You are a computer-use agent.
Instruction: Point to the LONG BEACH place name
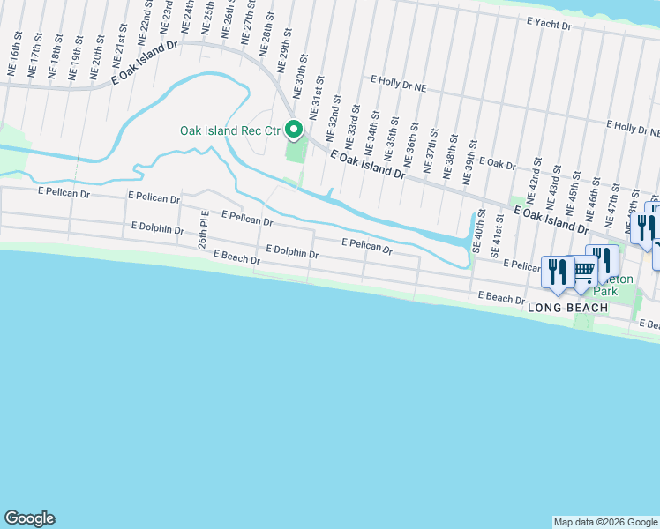tap(567, 307)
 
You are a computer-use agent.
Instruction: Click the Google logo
tap(29, 518)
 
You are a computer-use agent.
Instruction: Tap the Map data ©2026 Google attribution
tap(604, 522)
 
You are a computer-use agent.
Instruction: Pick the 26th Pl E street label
tap(202, 227)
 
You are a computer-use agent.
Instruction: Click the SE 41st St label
tap(499, 232)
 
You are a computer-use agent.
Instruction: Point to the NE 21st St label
tap(119, 55)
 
